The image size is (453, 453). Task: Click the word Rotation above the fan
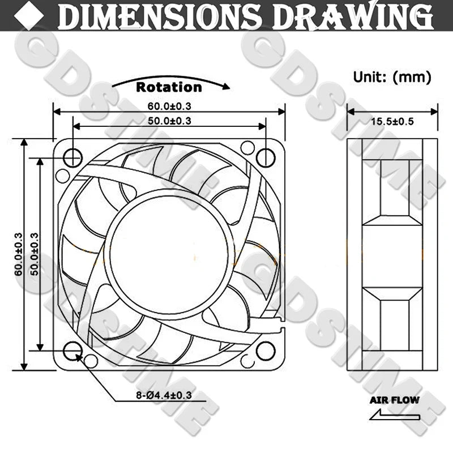click(x=169, y=87)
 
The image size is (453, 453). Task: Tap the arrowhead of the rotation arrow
click(x=226, y=86)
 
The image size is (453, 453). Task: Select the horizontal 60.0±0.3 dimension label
click(x=169, y=106)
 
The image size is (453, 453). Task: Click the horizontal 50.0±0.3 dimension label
click(x=169, y=121)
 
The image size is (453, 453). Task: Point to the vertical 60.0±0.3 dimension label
click(x=19, y=254)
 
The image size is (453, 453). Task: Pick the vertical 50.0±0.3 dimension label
click(x=34, y=254)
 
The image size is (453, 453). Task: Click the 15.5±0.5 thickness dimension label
click(x=392, y=121)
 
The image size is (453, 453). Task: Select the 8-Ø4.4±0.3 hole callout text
click(x=164, y=395)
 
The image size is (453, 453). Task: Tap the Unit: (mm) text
click(x=392, y=77)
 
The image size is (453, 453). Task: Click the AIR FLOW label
click(x=394, y=400)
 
